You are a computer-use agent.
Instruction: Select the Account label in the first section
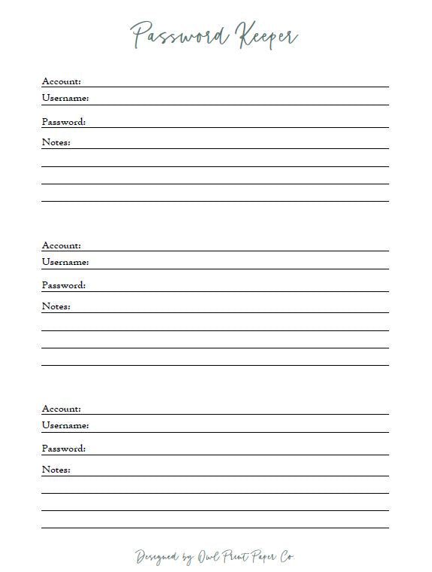tap(61, 81)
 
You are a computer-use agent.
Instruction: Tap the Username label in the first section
tap(65, 98)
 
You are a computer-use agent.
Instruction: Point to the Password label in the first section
tap(63, 122)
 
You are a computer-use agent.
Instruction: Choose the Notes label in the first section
tap(56, 142)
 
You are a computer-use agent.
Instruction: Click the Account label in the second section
tap(61, 245)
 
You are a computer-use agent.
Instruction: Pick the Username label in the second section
tap(65, 262)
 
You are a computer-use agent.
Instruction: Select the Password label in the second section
tap(63, 285)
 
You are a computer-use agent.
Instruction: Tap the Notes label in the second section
tap(56, 306)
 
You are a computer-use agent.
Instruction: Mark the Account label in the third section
tap(61, 409)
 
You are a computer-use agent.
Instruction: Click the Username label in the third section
tap(65, 425)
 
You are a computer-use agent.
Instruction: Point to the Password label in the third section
tap(63, 449)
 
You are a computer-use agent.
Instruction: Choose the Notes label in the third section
tap(56, 470)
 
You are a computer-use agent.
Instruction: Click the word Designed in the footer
tap(157, 558)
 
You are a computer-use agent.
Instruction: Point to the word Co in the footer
tap(287, 557)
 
